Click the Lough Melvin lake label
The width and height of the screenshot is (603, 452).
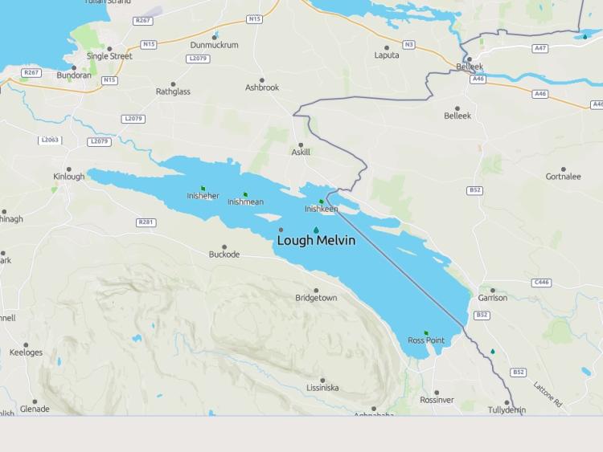316,240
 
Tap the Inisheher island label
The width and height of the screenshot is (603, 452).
203,196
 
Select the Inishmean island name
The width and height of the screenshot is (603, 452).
245,202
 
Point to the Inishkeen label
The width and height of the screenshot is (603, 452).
321,209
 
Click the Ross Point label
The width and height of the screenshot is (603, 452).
426,340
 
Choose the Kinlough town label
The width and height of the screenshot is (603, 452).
68,177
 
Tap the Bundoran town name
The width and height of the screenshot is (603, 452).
73,75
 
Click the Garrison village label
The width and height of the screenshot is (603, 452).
493,298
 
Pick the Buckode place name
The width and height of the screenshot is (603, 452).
224,255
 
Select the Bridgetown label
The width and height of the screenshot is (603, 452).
316,298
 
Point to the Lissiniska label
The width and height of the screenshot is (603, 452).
322,388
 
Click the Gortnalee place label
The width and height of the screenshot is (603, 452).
563,177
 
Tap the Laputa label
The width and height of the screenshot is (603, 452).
387,55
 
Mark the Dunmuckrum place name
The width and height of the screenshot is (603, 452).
214,45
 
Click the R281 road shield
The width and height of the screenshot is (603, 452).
146,222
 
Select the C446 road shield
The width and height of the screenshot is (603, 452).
542,282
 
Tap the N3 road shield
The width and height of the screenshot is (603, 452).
409,44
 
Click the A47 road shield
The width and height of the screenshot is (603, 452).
540,48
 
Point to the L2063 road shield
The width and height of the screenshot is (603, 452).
50,140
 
